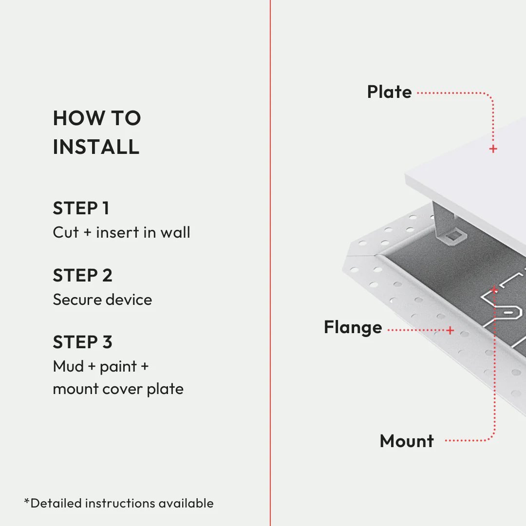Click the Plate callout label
(389, 92)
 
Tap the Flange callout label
(353, 327)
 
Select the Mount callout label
(407, 441)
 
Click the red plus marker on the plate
(493, 149)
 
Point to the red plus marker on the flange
(450, 330)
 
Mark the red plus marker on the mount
(494, 290)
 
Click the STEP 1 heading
(81, 208)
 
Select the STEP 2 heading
(82, 276)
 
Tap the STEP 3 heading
(82, 342)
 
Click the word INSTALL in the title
(96, 147)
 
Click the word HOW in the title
(73, 118)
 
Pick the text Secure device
(102, 299)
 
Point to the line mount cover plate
(118, 389)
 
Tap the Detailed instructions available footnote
(119, 503)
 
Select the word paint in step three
(118, 367)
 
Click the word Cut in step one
(65, 232)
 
